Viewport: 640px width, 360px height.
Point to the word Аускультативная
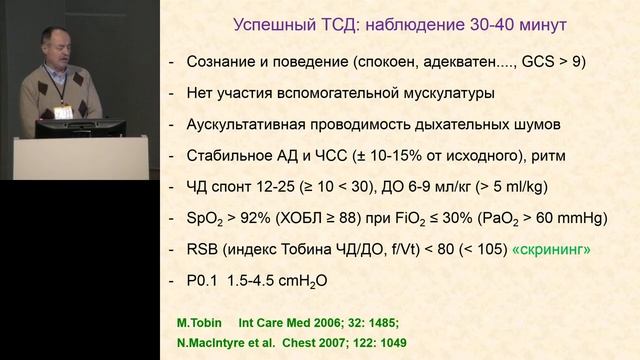[x=252, y=125]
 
